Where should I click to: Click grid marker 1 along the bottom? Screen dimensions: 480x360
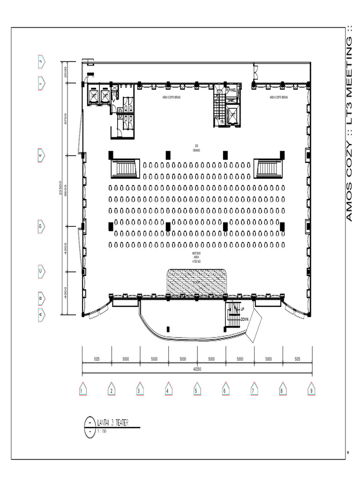tap(82, 390)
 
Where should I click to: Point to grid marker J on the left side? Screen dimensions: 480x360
tap(41, 61)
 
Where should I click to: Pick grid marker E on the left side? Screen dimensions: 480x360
tap(41, 155)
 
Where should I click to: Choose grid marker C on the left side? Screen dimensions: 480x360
tap(41, 271)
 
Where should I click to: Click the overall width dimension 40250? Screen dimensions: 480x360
tap(197, 369)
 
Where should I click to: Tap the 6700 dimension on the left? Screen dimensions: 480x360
tap(66, 119)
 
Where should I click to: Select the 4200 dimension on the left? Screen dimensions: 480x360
tap(66, 249)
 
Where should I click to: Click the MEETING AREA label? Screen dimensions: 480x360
tap(196, 257)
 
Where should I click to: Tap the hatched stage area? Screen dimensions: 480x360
tap(197, 283)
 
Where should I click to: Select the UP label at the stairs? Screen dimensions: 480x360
tap(242, 309)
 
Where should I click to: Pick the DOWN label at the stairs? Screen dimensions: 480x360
tap(244, 319)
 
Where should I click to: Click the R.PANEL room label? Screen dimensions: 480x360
tap(231, 90)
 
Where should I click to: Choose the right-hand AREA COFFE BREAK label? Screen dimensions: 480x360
tap(279, 97)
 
